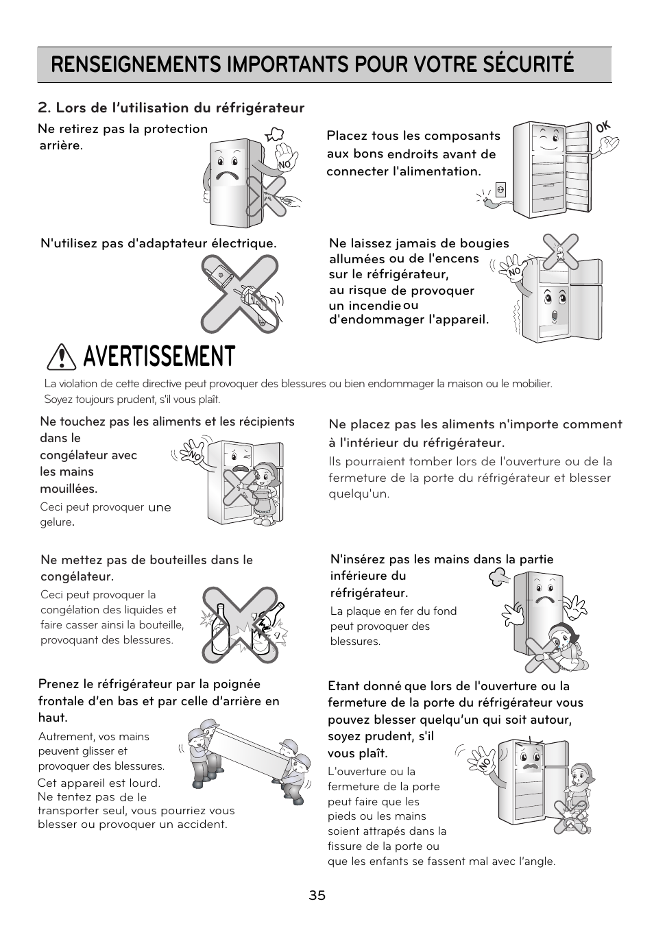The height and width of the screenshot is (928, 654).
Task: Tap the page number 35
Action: pyautogui.click(x=317, y=895)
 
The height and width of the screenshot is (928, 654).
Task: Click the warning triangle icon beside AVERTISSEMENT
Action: pyautogui.click(x=62, y=357)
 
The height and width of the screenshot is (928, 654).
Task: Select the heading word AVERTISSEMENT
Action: pyautogui.click(x=158, y=357)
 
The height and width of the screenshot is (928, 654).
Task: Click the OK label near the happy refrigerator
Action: pyautogui.click(x=603, y=127)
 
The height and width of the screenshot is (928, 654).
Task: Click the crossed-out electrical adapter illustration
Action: pyautogui.click(x=240, y=293)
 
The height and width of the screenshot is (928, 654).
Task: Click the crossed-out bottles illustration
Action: pyautogui.click(x=240, y=624)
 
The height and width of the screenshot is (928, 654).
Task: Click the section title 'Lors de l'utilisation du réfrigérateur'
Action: pyautogui.click(x=171, y=108)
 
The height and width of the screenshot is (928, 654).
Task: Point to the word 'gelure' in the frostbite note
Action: pyautogui.click(x=56, y=522)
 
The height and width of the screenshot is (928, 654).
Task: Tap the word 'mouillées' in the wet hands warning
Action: pyautogui.click(x=68, y=489)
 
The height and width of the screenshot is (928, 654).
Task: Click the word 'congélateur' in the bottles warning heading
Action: pyautogui.click(x=75, y=576)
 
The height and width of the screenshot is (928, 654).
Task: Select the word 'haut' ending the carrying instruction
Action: pyautogui.click(x=51, y=718)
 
